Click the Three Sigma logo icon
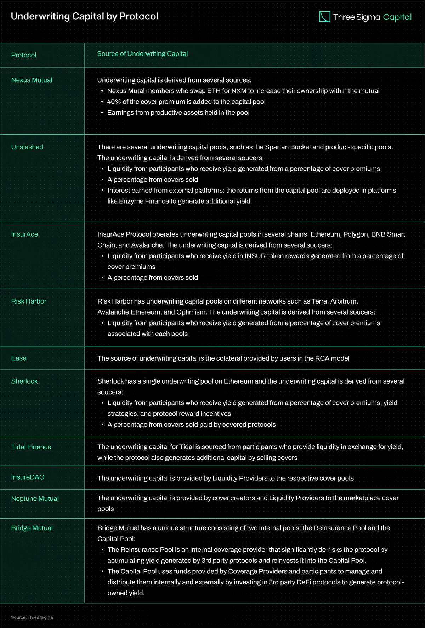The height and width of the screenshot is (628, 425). pos(324,17)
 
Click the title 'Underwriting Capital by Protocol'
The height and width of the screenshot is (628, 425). pos(85,16)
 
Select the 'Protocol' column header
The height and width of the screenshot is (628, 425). pos(24,55)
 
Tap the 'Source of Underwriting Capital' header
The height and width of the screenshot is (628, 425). pos(142,54)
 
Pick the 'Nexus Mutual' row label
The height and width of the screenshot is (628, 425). pos(32,80)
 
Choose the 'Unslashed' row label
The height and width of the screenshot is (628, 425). pos(27,147)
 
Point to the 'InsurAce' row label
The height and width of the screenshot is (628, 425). pos(24,234)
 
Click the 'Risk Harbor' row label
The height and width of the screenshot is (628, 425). pos(29,301)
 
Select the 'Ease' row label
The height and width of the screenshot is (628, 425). pos(19,358)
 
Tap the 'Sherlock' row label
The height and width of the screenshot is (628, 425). pos(24,381)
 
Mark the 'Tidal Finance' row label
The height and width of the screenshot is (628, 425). pos(31,447)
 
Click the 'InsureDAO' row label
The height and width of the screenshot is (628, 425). pos(28,477)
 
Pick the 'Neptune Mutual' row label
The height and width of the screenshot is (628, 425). pos(35,499)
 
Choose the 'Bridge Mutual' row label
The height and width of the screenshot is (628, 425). pos(32,528)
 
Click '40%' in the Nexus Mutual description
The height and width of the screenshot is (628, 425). pos(114,102)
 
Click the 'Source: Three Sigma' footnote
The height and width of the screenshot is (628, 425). pos(32,617)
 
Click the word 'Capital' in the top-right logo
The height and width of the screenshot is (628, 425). pos(397,17)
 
